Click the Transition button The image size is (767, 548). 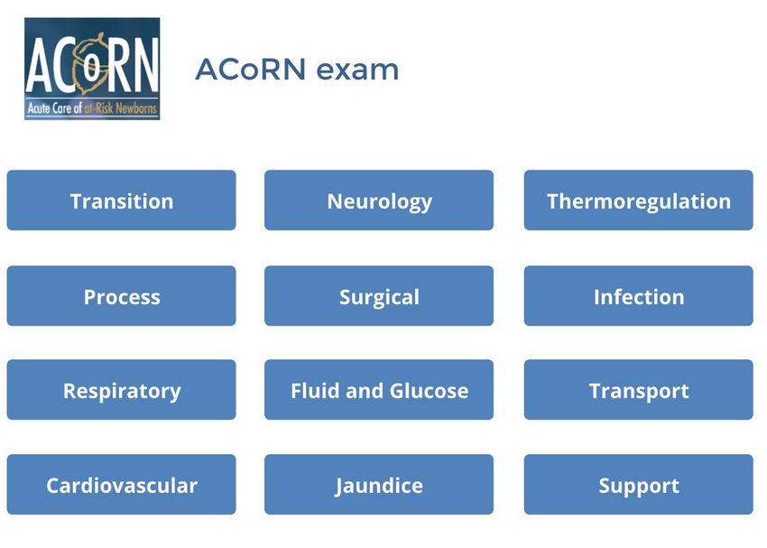(121, 200)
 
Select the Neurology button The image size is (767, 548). (379, 200)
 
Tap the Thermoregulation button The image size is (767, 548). (638, 200)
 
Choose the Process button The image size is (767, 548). (121, 296)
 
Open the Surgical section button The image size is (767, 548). (379, 296)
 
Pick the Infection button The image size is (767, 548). (638, 296)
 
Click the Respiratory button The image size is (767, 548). (121, 390)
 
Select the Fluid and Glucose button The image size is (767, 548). (379, 390)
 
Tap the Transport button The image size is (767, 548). (638, 390)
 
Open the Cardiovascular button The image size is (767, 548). (121, 485)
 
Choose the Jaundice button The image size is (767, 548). (379, 485)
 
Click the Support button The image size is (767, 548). (638, 485)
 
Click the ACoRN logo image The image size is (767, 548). (92, 69)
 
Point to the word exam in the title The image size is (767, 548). (357, 70)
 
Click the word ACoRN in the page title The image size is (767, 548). (251, 69)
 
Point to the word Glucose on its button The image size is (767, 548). (429, 390)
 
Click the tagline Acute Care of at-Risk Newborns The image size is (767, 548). (92, 108)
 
